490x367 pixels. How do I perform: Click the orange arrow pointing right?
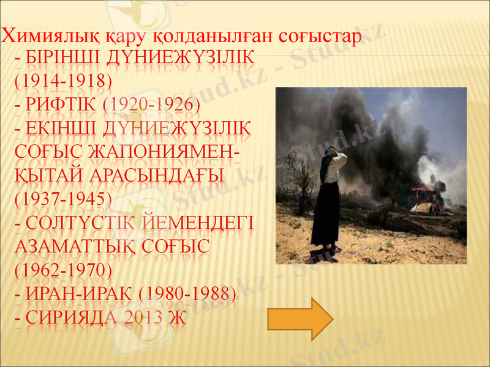[300, 318]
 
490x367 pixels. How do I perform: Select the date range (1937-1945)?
[61, 199]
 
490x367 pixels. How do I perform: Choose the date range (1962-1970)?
[61, 270]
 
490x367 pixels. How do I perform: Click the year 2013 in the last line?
[146, 318]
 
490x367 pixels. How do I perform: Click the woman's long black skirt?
[325, 214]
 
